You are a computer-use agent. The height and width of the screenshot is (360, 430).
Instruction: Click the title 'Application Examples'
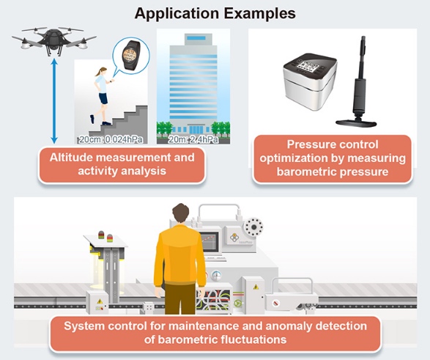click(215, 13)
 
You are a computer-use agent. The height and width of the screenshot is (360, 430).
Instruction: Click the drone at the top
click(54, 40)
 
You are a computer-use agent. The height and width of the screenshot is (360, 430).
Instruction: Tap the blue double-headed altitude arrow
click(54, 101)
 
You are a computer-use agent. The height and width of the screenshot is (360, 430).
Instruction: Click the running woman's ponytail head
click(103, 71)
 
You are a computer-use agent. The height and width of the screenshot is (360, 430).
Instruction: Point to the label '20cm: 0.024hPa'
click(111, 139)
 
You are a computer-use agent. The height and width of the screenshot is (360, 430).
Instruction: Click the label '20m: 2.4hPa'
click(193, 139)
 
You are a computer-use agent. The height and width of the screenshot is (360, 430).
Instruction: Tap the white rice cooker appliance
click(310, 81)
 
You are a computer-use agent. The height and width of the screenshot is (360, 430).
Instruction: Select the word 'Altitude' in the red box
click(67, 158)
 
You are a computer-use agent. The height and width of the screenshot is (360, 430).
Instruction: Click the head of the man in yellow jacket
click(181, 215)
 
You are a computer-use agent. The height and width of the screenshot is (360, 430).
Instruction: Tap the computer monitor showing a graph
click(210, 241)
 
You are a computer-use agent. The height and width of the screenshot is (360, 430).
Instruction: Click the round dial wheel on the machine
click(253, 227)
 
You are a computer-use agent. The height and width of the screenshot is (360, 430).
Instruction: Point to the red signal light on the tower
click(101, 235)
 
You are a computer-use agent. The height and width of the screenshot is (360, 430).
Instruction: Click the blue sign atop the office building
click(196, 38)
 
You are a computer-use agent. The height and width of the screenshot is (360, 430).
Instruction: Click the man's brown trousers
click(181, 299)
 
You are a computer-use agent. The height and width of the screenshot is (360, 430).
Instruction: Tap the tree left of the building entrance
click(164, 128)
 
